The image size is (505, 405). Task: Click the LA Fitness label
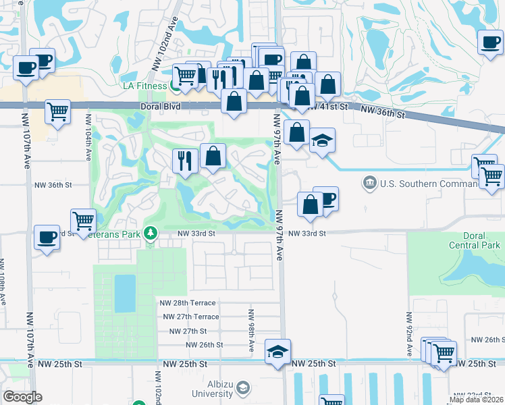[x=144, y=86]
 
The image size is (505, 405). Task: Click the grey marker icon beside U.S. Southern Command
[x=369, y=182]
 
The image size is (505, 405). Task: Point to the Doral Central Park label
[x=475, y=240]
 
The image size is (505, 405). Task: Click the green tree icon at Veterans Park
[x=153, y=234]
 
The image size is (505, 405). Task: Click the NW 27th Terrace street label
[x=190, y=317]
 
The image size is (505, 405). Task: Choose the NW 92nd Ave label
[x=409, y=335]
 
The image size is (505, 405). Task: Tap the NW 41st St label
[x=329, y=107]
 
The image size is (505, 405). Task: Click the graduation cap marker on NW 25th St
[x=277, y=352]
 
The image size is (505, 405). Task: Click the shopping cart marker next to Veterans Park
[x=83, y=220]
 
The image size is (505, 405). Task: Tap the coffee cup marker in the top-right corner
[x=490, y=43]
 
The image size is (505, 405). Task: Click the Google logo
[x=22, y=397]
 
